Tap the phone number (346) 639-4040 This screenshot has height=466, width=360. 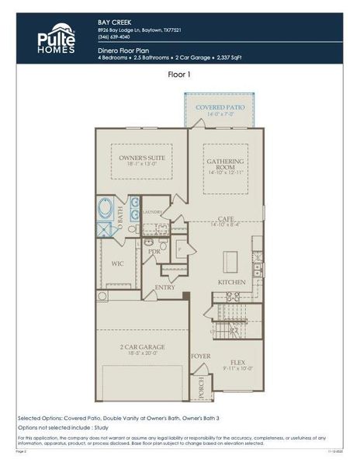coord(114,37)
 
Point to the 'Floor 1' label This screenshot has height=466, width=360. coord(180,75)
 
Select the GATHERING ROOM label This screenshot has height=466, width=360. coord(226,166)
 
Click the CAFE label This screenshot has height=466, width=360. coord(226,219)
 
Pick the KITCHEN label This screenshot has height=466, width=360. coord(231,281)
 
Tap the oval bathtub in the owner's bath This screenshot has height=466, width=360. coord(106,211)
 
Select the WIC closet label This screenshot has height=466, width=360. coord(117,263)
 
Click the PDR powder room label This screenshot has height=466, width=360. coord(154,252)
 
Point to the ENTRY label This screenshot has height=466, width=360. coord(164,287)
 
